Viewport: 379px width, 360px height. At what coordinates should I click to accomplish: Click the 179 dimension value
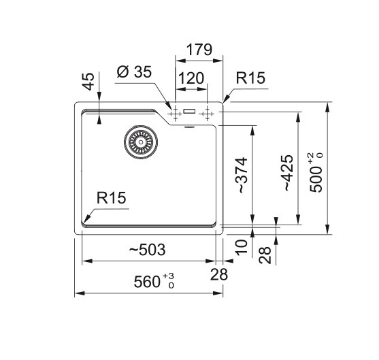(199, 50)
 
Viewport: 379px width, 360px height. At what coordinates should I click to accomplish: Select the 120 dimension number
(191, 78)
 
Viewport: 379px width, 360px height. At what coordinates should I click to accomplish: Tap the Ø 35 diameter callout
(134, 72)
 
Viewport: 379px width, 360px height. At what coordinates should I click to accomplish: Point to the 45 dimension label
(88, 82)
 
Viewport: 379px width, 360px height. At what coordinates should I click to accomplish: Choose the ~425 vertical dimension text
(288, 173)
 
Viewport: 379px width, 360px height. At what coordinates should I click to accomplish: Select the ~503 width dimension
(147, 250)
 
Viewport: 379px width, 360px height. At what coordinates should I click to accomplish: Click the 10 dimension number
(242, 247)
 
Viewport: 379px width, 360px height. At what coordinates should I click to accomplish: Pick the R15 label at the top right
(250, 78)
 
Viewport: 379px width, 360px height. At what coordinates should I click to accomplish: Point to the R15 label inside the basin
(111, 198)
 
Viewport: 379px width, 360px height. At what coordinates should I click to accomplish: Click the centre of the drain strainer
(141, 142)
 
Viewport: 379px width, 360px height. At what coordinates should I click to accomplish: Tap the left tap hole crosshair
(176, 114)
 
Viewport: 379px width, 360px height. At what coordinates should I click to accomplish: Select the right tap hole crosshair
(207, 114)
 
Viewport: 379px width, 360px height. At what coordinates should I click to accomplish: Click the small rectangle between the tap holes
(189, 111)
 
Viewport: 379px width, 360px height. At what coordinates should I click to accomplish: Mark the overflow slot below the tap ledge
(189, 127)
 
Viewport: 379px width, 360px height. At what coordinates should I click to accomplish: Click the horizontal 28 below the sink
(219, 274)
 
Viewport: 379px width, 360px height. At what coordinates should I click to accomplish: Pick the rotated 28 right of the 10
(265, 255)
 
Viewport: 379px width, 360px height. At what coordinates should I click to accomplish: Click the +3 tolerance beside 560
(169, 276)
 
